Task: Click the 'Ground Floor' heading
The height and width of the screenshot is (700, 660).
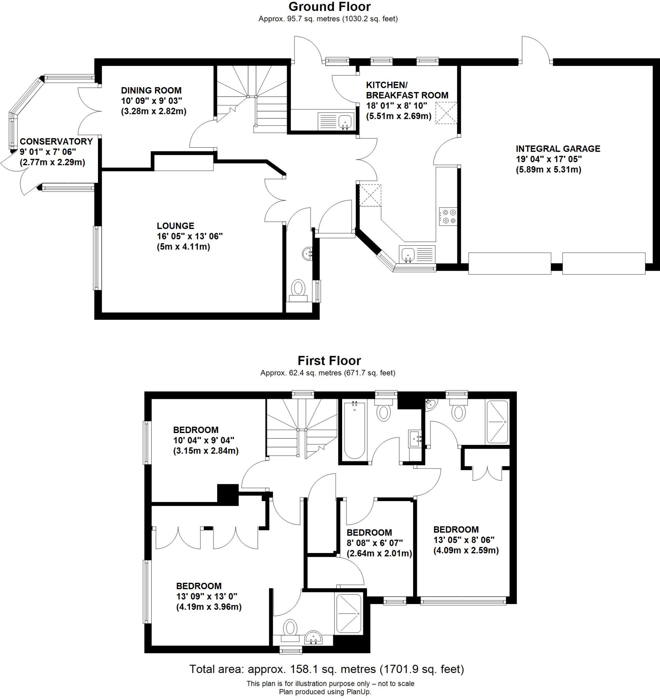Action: (329, 7)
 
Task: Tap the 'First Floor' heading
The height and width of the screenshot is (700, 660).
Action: (329, 361)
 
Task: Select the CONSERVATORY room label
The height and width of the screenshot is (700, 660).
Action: (56, 142)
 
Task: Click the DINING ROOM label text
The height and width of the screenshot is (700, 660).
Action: (151, 91)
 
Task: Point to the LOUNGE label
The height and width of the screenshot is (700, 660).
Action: (175, 226)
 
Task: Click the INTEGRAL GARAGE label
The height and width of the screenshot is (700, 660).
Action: (558, 149)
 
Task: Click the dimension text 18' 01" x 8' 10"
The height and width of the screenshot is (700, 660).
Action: (396, 106)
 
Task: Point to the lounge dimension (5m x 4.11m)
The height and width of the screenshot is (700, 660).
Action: (183, 247)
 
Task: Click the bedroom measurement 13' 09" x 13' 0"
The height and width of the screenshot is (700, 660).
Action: (207, 596)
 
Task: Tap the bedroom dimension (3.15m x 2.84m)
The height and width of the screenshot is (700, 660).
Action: (206, 451)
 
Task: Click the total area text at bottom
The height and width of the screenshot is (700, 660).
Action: (326, 669)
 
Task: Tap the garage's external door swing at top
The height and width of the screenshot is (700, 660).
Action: (535, 49)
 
